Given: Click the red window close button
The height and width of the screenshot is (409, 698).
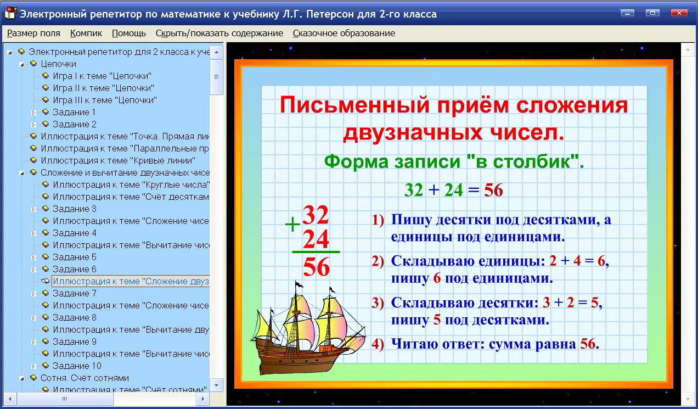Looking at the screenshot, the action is (x=679, y=13).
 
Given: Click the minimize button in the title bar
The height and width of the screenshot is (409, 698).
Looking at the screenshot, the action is (x=627, y=13).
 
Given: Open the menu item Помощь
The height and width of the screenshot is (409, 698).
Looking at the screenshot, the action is (x=129, y=33).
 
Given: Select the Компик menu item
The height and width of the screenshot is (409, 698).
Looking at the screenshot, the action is (x=86, y=33).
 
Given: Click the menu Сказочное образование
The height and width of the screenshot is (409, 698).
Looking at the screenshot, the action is (x=344, y=33).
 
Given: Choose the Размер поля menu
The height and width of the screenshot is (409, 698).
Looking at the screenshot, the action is (x=33, y=33).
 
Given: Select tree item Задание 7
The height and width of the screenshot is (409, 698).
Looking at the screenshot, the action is (x=75, y=293).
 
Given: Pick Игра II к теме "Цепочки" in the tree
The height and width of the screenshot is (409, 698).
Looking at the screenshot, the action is (x=104, y=88).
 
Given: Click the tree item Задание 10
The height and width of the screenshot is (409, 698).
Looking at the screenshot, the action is (x=77, y=366).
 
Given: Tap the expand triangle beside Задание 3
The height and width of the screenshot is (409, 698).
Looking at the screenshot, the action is (x=34, y=209).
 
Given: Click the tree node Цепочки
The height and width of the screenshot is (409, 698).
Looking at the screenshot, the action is (x=59, y=64).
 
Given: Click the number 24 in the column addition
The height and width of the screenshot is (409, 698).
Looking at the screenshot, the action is (x=316, y=239).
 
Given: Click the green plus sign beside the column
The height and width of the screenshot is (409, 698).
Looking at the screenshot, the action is (x=292, y=225).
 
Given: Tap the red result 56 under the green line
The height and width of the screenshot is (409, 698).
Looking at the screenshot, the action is (x=316, y=267).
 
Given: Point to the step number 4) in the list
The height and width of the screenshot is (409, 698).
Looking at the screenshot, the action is (x=378, y=344).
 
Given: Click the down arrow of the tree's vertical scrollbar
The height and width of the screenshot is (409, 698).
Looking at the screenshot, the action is (x=217, y=385).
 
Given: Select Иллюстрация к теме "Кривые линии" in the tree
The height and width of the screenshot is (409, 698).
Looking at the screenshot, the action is (x=118, y=160).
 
